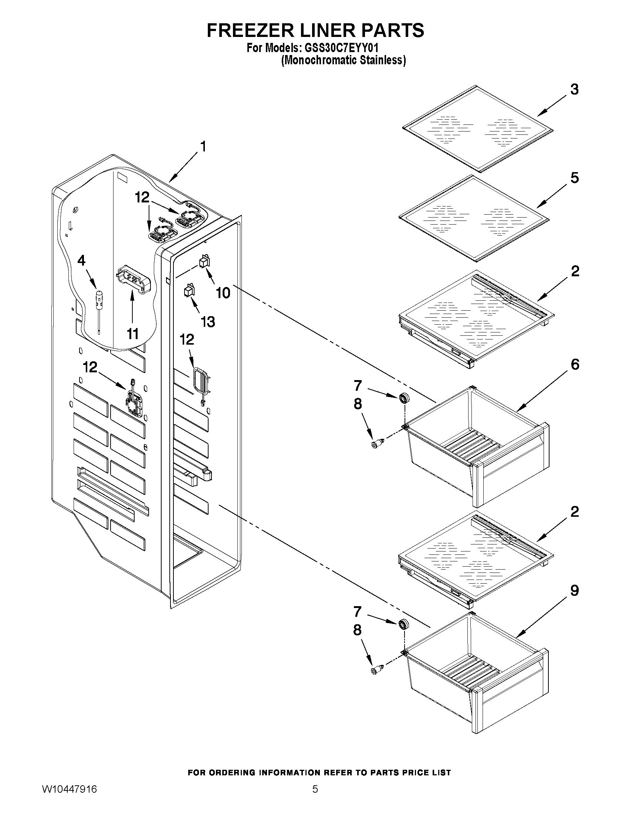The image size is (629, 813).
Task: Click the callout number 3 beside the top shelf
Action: (574, 90)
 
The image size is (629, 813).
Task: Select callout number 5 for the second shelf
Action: (574, 178)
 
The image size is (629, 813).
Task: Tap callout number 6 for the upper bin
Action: (575, 365)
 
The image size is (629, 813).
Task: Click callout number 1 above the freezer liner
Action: (203, 147)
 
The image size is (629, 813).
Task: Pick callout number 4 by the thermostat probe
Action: (81, 260)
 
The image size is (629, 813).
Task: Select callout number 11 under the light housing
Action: (133, 334)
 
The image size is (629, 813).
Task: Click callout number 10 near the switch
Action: (223, 293)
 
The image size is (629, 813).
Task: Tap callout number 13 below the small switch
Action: (208, 322)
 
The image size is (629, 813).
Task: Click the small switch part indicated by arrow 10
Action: (204, 261)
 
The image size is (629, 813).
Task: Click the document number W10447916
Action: (69, 800)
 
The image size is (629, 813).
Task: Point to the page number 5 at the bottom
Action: (315, 800)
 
